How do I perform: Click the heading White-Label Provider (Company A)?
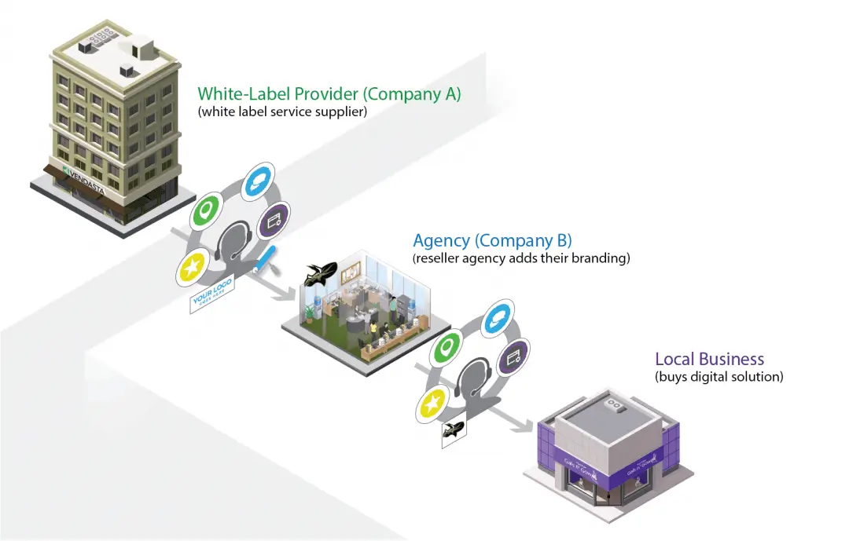pos(329,94)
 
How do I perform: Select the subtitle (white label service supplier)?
pos(282,112)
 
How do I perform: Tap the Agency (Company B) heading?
pos(492,240)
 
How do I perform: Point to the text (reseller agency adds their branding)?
pos(521,258)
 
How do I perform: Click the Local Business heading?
pos(709,360)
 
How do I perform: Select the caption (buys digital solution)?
pos(719,377)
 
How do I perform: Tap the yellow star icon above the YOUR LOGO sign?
pos(193,268)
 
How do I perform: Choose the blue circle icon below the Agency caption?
pos(497,318)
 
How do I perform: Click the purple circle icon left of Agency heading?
pos(274,221)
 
